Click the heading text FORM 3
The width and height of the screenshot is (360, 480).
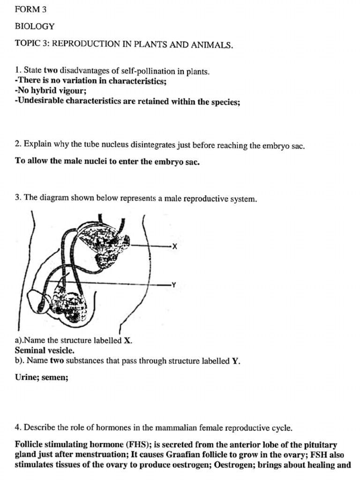pyautogui.click(x=31, y=9)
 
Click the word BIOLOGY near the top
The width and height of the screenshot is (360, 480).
pyautogui.click(x=35, y=26)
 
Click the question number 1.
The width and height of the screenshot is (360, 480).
pyautogui.click(x=17, y=71)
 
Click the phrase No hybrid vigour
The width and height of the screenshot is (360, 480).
pyautogui.click(x=45, y=91)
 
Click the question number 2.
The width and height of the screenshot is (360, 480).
pyautogui.click(x=17, y=145)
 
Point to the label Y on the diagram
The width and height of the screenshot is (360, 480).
pyautogui.click(x=174, y=285)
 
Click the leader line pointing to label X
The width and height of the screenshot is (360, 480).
pyautogui.click(x=150, y=246)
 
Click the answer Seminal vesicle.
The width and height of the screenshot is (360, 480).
pyautogui.click(x=44, y=350)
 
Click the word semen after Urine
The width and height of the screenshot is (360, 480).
pyautogui.click(x=55, y=377)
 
